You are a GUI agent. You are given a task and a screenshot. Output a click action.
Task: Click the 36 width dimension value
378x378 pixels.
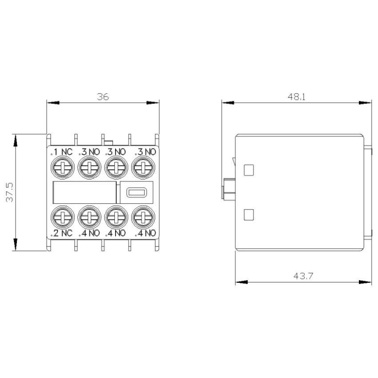click(x=103, y=97)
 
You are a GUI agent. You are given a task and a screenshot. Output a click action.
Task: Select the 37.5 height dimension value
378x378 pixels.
click(x=10, y=193)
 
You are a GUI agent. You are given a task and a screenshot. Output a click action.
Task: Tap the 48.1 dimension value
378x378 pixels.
click(x=297, y=97)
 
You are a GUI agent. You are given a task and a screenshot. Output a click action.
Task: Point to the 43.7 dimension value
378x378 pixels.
click(x=303, y=276)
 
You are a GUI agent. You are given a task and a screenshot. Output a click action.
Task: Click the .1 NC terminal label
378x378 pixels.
click(x=61, y=152)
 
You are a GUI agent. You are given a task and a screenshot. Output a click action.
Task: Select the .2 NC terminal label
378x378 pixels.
click(x=61, y=233)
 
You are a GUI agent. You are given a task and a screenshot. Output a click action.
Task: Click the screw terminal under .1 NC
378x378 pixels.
click(x=62, y=168)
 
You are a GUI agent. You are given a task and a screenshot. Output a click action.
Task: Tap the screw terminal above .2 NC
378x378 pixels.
click(x=62, y=217)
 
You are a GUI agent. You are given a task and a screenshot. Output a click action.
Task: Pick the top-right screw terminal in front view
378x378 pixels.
click(x=143, y=168)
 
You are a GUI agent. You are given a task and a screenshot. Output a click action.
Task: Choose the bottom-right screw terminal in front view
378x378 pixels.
click(x=143, y=217)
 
